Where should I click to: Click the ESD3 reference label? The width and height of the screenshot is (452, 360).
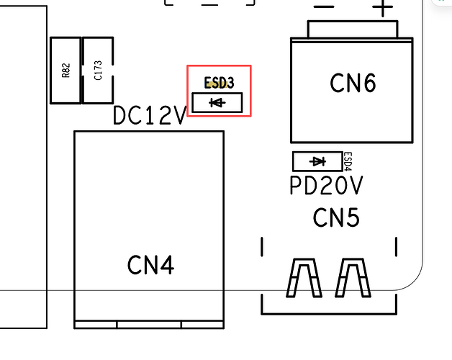tap(219, 83)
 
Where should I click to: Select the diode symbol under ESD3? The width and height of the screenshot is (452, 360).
tap(217, 102)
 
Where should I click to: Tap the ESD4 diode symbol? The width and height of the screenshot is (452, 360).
tap(317, 161)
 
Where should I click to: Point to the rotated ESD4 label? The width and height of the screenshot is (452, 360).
tap(348, 161)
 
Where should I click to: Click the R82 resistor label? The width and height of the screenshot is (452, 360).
tap(65, 71)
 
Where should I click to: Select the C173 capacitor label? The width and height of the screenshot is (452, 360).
tap(98, 70)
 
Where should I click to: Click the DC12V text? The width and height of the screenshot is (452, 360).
tap(150, 115)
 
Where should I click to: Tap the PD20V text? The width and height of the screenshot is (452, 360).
tap(326, 186)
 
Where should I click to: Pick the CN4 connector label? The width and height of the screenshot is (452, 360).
tap(150, 265)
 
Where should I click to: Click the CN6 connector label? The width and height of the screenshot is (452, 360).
tap(353, 83)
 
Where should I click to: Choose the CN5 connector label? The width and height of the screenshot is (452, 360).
tap(336, 217)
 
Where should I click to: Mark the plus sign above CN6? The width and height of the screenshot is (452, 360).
tap(382, 7)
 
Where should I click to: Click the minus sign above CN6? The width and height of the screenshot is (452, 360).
tap(324, 6)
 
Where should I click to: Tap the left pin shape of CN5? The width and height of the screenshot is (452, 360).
tap(304, 278)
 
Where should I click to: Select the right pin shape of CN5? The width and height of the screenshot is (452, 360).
tap(353, 278)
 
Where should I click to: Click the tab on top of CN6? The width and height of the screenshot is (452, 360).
tap(353, 29)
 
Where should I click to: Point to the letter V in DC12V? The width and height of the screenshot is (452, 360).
tap(178, 115)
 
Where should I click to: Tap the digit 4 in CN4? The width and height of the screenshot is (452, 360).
tap(166, 265)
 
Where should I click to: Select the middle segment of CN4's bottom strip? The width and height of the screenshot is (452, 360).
tap(149, 325)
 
